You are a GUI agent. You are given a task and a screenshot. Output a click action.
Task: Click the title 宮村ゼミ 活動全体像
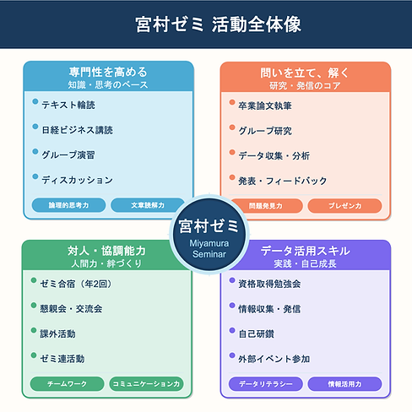tap(218, 24)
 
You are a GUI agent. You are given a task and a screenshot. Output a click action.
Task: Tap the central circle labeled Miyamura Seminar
tap(209, 235)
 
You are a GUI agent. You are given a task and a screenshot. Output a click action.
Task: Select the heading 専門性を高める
tap(108, 72)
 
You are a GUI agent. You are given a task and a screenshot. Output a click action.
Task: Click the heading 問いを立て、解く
tap(305, 73)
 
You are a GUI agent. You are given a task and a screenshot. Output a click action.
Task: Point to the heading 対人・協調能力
tap(106, 251)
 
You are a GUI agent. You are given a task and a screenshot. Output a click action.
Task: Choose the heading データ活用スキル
tap(306, 251)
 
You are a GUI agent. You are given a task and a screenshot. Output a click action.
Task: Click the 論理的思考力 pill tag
tap(68, 205)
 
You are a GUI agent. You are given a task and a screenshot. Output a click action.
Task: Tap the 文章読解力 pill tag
tap(148, 205)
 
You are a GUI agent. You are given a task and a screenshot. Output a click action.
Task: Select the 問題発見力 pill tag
tap(266, 206)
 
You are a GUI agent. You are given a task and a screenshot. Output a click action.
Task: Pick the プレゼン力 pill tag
tap(344, 206)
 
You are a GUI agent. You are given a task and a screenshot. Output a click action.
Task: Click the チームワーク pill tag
tap(68, 384)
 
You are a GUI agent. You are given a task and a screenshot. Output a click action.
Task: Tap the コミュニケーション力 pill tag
tap(146, 384)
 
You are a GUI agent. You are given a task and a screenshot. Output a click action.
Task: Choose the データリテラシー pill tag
tap(266, 384)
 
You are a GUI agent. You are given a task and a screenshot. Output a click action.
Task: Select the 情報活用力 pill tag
tap(344, 384)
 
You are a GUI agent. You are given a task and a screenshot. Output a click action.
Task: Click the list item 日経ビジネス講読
tap(78, 130)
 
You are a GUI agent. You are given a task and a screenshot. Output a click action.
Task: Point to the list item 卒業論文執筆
tap(265, 106)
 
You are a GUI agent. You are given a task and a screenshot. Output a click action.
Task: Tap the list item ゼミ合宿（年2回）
tap(76, 284)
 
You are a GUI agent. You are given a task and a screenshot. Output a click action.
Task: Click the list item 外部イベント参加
tap(274, 359)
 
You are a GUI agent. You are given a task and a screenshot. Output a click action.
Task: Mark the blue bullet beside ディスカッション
tap(35, 176)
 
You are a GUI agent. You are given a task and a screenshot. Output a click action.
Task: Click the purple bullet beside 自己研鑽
tap(232, 330)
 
